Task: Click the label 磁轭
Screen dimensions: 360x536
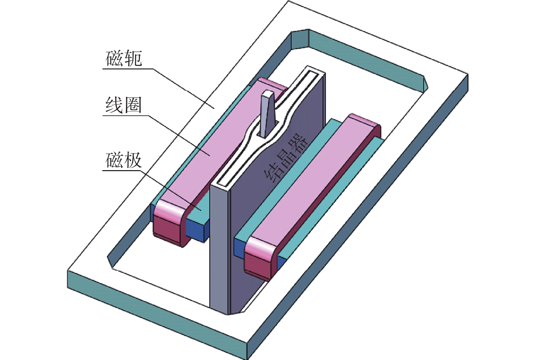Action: (x=124, y=59)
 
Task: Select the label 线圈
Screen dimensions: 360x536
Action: (x=124, y=105)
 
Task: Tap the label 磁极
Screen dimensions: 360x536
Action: (x=124, y=160)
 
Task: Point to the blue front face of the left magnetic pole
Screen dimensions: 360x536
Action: (x=197, y=231)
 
